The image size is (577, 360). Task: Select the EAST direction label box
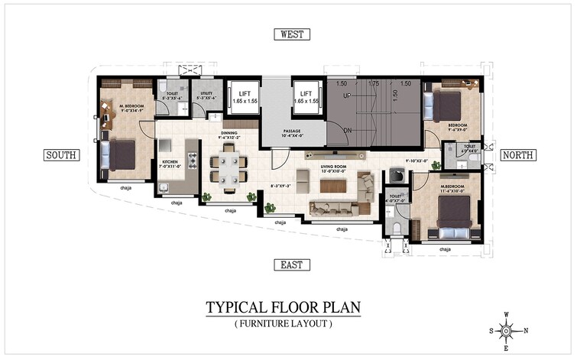291,264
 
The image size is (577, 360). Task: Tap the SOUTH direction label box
61,155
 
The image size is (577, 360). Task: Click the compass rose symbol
506,329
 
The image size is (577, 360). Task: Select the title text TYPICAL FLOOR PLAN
282,308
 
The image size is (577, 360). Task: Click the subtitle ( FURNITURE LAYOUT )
282,324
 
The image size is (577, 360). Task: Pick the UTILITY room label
206,96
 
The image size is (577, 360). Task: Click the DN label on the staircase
346,131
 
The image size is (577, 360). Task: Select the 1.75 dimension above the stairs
374,83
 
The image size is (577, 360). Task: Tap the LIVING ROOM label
333,168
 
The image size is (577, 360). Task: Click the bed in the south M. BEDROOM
122,154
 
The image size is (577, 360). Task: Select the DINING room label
229,135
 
